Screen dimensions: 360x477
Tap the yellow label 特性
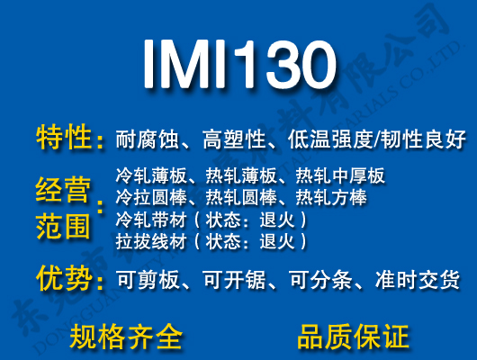65,139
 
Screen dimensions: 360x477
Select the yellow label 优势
65,279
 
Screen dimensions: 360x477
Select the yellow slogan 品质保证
353,337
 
